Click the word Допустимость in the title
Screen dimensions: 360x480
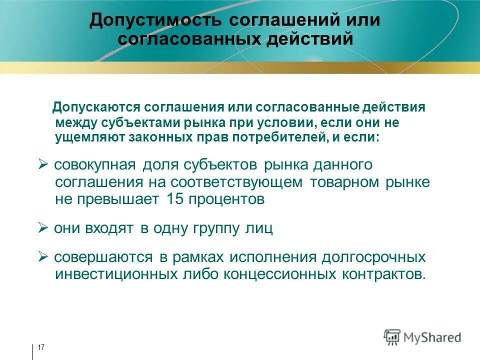(x=154, y=21)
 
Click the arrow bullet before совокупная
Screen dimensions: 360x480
(x=42, y=164)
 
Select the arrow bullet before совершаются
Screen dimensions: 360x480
(x=42, y=257)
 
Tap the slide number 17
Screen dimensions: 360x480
(x=41, y=347)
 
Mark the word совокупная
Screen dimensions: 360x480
(x=94, y=165)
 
